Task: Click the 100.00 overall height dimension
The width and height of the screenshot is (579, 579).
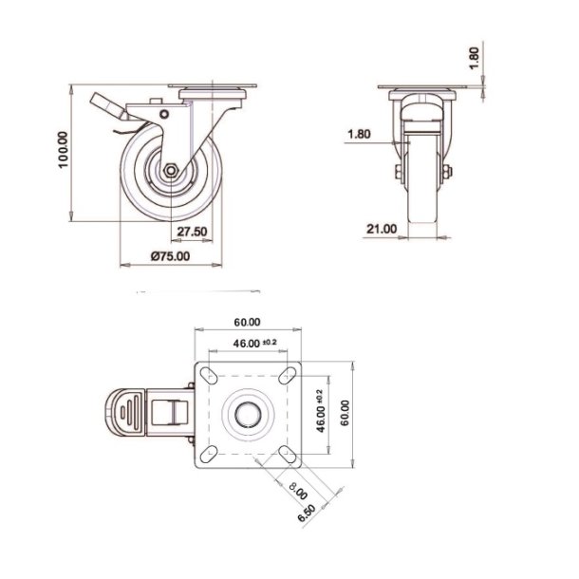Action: [x=64, y=150]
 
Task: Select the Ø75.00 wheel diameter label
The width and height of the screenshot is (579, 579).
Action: [x=172, y=255]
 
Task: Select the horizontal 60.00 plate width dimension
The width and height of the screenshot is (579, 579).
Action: [x=247, y=322]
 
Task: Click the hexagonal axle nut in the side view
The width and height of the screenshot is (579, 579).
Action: [x=168, y=172]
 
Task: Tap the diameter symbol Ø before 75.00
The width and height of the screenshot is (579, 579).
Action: [x=155, y=255]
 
